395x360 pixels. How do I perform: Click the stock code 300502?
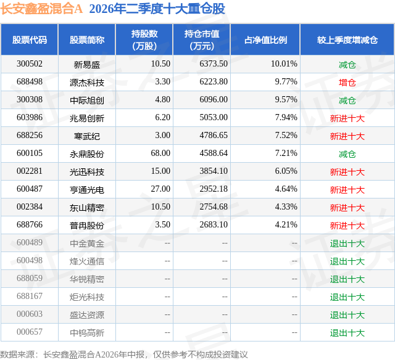[x=30, y=64]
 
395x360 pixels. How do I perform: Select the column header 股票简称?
[x=87, y=39]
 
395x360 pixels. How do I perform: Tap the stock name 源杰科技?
[x=87, y=83]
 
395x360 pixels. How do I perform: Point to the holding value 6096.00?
[x=214, y=100]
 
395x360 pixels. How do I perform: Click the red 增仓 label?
[x=347, y=83]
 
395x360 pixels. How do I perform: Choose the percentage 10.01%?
[x=284, y=64]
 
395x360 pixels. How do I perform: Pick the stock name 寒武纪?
[x=87, y=136]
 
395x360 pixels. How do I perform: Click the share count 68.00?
[x=160, y=153]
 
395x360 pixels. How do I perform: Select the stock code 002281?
[x=30, y=171]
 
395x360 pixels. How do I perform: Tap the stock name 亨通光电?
[x=87, y=190]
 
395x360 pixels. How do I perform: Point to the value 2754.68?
[x=214, y=207]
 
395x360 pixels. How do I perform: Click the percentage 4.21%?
[x=286, y=224]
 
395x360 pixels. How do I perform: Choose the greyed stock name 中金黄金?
[x=87, y=243]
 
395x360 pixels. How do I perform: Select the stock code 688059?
[x=30, y=278]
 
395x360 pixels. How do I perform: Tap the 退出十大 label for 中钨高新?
[x=347, y=333]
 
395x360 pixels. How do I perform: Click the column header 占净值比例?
[x=265, y=39]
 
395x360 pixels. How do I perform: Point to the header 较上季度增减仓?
[x=347, y=39]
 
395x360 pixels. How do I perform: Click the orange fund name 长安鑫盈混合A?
[x=41, y=9]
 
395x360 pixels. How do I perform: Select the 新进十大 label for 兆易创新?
[x=347, y=118]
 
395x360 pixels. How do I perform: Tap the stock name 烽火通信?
[x=87, y=261]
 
